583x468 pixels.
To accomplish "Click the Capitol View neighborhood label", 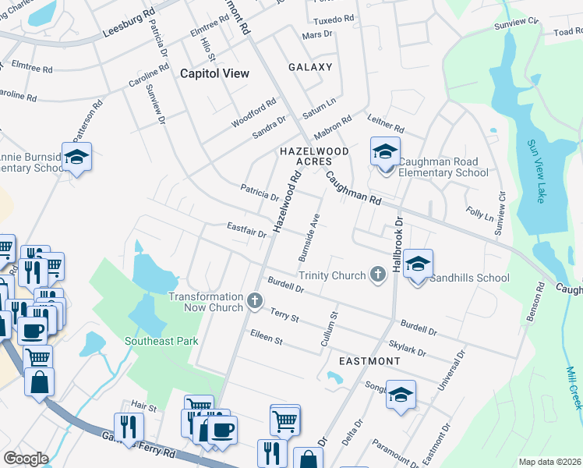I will click(214, 73).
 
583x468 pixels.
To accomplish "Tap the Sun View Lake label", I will click(535, 171).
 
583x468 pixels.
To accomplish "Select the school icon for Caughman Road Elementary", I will click(384, 152).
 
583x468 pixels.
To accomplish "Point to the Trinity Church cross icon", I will click(378, 275).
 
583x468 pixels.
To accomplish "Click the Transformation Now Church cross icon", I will click(254, 300).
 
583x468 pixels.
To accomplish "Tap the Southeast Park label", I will click(161, 341).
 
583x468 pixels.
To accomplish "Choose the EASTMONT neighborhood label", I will click(369, 361).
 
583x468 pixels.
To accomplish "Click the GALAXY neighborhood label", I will click(310, 67).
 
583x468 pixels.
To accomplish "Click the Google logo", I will click(26, 459).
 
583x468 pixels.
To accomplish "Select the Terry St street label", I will click(284, 315).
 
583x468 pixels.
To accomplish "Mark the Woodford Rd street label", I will click(253, 114).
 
